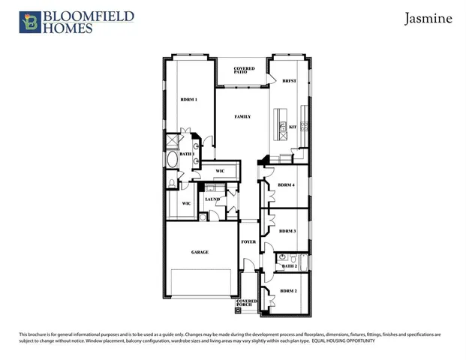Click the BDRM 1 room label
point(188,100)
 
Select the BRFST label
point(290,81)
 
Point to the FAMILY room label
point(242,117)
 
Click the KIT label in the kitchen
point(293,127)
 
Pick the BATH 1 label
point(187,154)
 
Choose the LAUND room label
point(212,199)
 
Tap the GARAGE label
point(200,252)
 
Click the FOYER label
point(248,242)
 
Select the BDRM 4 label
point(286,184)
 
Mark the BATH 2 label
point(290,265)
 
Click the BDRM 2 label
point(289,290)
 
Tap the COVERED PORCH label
point(247,302)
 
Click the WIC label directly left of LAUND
point(186,203)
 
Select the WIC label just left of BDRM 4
point(220,172)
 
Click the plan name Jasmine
point(428,18)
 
